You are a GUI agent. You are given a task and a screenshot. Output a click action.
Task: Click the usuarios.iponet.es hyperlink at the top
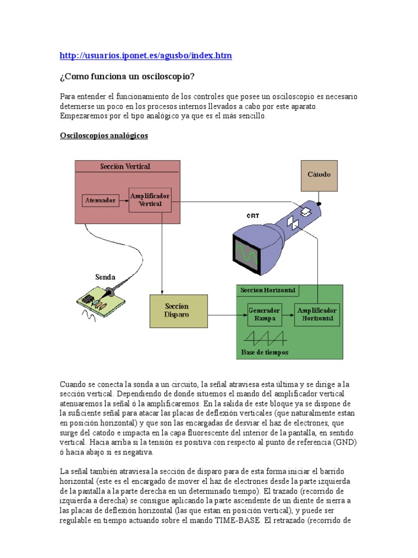tap(145, 56)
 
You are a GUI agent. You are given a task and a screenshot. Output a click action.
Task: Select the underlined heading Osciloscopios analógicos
tap(103, 136)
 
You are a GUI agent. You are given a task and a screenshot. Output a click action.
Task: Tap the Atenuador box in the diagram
tap(101, 200)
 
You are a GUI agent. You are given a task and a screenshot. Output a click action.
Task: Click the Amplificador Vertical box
tap(150, 199)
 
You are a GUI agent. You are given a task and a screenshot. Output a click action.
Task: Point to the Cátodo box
tap(319, 175)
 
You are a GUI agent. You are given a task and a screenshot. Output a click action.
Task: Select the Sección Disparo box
tap(178, 311)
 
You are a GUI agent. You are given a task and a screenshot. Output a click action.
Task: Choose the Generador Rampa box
tap(265, 314)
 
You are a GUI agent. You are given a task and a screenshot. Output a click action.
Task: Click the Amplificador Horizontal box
tap(317, 314)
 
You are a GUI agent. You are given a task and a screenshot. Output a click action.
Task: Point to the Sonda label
tap(105, 277)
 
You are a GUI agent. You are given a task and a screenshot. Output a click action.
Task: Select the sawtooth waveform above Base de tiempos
tap(265, 337)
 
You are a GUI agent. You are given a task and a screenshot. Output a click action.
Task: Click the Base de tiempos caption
tap(265, 352)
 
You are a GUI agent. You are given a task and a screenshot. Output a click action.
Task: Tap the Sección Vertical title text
tap(125, 166)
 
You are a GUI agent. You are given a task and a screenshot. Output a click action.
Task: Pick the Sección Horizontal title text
tap(268, 290)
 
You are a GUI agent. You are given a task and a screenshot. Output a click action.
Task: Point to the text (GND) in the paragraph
tap(343, 442)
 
